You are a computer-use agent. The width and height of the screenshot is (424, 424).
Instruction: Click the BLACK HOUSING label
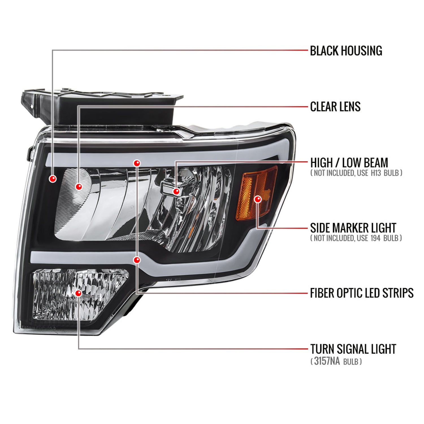point(346,51)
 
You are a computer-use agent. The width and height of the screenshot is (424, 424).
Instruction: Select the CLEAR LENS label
point(335,107)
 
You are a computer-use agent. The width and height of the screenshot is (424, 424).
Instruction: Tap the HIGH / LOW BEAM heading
point(349,163)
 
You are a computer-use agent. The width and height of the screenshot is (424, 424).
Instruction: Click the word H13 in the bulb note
point(376,173)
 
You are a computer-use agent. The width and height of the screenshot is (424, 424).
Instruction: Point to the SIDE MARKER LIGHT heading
point(353,228)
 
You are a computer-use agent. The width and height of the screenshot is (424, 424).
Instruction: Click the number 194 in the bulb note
point(375,238)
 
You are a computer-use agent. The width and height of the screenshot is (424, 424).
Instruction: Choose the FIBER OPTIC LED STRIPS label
point(362,293)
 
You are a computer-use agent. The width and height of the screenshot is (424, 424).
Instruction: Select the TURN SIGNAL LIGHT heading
point(353,349)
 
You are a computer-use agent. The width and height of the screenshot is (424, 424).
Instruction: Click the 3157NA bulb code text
point(327,361)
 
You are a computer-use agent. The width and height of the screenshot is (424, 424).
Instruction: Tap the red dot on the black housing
point(53,179)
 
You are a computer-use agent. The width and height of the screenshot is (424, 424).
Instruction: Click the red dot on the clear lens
point(79,187)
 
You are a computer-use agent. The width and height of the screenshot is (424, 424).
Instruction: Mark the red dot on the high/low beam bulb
point(176,192)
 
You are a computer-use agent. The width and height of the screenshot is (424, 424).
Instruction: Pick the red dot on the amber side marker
point(258,199)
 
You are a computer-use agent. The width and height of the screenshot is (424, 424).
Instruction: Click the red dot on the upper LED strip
point(137,163)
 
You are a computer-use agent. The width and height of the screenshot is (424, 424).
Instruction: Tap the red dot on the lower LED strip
point(137,260)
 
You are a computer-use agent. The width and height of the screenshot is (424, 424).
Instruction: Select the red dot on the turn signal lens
point(78,293)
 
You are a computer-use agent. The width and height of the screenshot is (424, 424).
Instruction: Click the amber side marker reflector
point(249,195)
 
